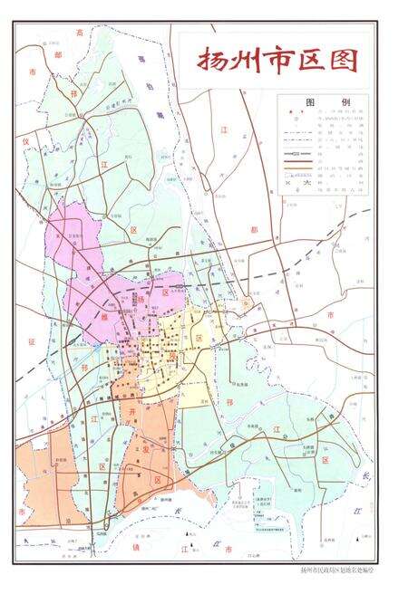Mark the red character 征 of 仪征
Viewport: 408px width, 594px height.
(x=30, y=342)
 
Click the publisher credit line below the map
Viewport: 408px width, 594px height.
(x=336, y=570)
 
